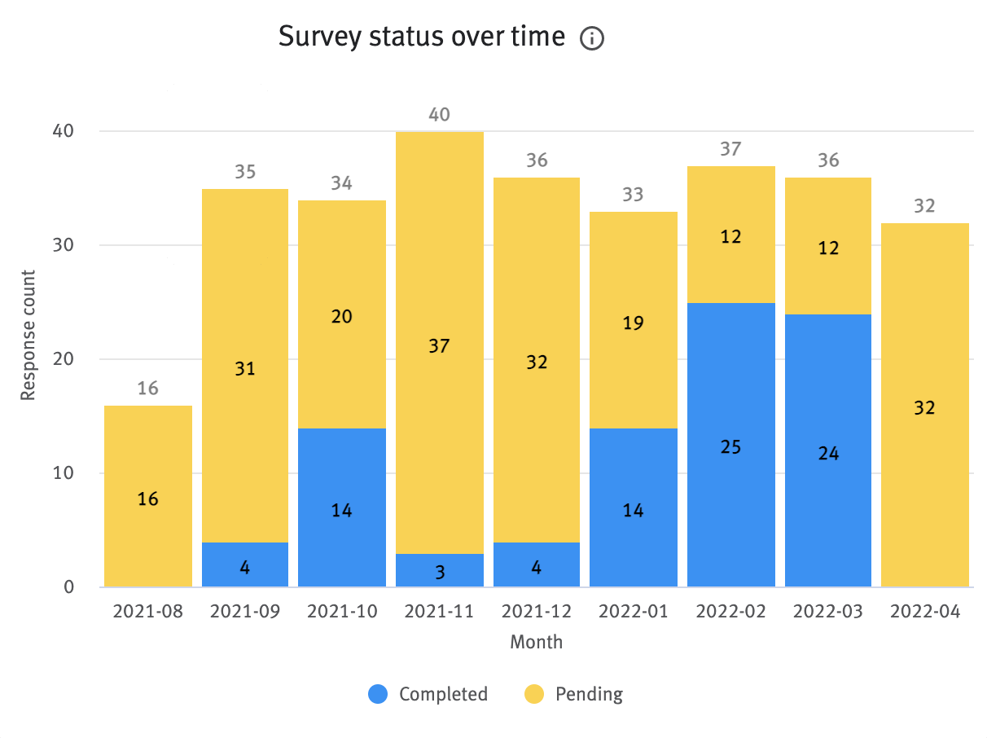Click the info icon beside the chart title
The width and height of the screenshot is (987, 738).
592,38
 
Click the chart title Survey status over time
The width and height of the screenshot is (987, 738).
421,37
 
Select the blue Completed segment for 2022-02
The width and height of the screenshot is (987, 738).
730,445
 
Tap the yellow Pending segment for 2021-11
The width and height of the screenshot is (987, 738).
439,342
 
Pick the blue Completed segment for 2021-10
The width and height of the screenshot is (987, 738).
342,507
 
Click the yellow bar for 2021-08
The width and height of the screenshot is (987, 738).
148,495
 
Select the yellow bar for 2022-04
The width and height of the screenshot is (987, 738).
924,405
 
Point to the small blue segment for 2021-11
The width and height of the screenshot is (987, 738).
439,570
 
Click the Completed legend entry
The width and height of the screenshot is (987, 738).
428,694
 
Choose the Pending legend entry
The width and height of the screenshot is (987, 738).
573,694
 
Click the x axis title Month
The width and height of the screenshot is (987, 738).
536,642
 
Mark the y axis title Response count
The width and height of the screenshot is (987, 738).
29,335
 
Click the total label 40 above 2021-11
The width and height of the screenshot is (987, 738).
439,115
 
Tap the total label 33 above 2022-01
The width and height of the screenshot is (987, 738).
633,195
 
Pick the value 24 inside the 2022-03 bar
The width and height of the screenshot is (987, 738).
827,454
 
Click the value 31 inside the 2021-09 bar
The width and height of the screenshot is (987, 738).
245,369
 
